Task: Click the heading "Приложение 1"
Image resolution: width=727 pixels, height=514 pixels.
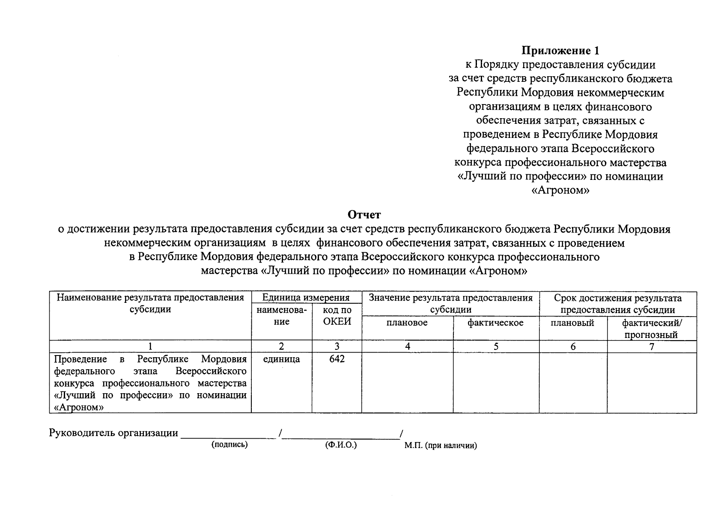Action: click(560, 51)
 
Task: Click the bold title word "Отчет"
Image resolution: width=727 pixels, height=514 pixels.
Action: click(364, 214)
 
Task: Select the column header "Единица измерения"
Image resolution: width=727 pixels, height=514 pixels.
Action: click(306, 298)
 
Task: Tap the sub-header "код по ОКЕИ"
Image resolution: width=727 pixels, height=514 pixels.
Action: click(337, 316)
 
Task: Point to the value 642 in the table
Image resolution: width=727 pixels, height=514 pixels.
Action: click(337, 359)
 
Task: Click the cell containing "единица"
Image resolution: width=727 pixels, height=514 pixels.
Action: click(281, 359)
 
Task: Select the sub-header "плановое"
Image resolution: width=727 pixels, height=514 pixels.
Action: click(407, 323)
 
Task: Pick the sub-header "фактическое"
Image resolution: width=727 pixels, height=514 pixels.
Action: click(495, 323)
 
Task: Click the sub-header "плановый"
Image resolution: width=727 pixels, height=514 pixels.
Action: click(572, 323)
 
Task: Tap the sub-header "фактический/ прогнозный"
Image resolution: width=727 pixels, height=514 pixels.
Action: click(651, 329)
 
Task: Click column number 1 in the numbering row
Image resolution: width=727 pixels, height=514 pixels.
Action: click(150, 347)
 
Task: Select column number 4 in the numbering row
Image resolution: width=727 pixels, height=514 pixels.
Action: click(408, 347)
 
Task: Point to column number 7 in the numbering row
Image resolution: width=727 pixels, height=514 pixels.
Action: click(651, 347)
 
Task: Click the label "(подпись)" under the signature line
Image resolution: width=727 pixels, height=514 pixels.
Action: click(229, 445)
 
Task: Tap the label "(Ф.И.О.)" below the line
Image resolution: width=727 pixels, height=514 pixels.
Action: click(341, 445)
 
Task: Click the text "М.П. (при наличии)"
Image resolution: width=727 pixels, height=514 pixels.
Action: click(440, 445)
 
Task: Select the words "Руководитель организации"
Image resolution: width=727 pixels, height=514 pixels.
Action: click(113, 433)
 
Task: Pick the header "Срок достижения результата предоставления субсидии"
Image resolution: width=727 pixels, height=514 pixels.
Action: click(617, 304)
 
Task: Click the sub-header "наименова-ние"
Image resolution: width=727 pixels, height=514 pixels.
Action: click(281, 316)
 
